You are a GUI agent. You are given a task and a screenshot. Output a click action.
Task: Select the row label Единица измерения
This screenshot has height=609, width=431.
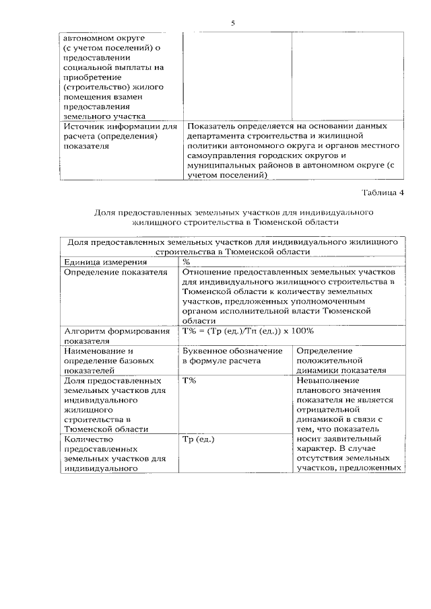pyautogui.click(x=96, y=262)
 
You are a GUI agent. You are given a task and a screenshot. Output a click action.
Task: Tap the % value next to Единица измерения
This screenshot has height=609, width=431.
pyautogui.click(x=187, y=262)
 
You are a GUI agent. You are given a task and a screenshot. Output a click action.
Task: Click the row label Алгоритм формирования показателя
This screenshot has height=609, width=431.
pyautogui.click(x=115, y=335)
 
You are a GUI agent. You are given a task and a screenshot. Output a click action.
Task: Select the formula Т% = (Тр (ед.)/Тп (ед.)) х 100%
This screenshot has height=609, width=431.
pyautogui.click(x=248, y=330)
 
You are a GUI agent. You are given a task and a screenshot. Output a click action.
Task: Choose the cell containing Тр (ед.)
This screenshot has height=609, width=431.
pyautogui.click(x=199, y=439)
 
